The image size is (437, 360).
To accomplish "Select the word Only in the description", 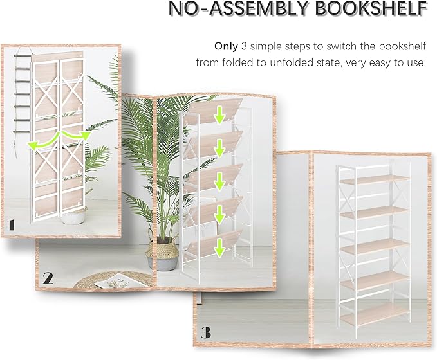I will pos(227,46).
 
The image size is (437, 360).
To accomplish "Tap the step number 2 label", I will pos(48,278).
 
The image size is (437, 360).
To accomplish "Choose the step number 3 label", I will pos(205,332).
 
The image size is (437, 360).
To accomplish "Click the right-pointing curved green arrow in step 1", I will pos(74,135).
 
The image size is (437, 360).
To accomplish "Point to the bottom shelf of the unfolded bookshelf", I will pos(373,314).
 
